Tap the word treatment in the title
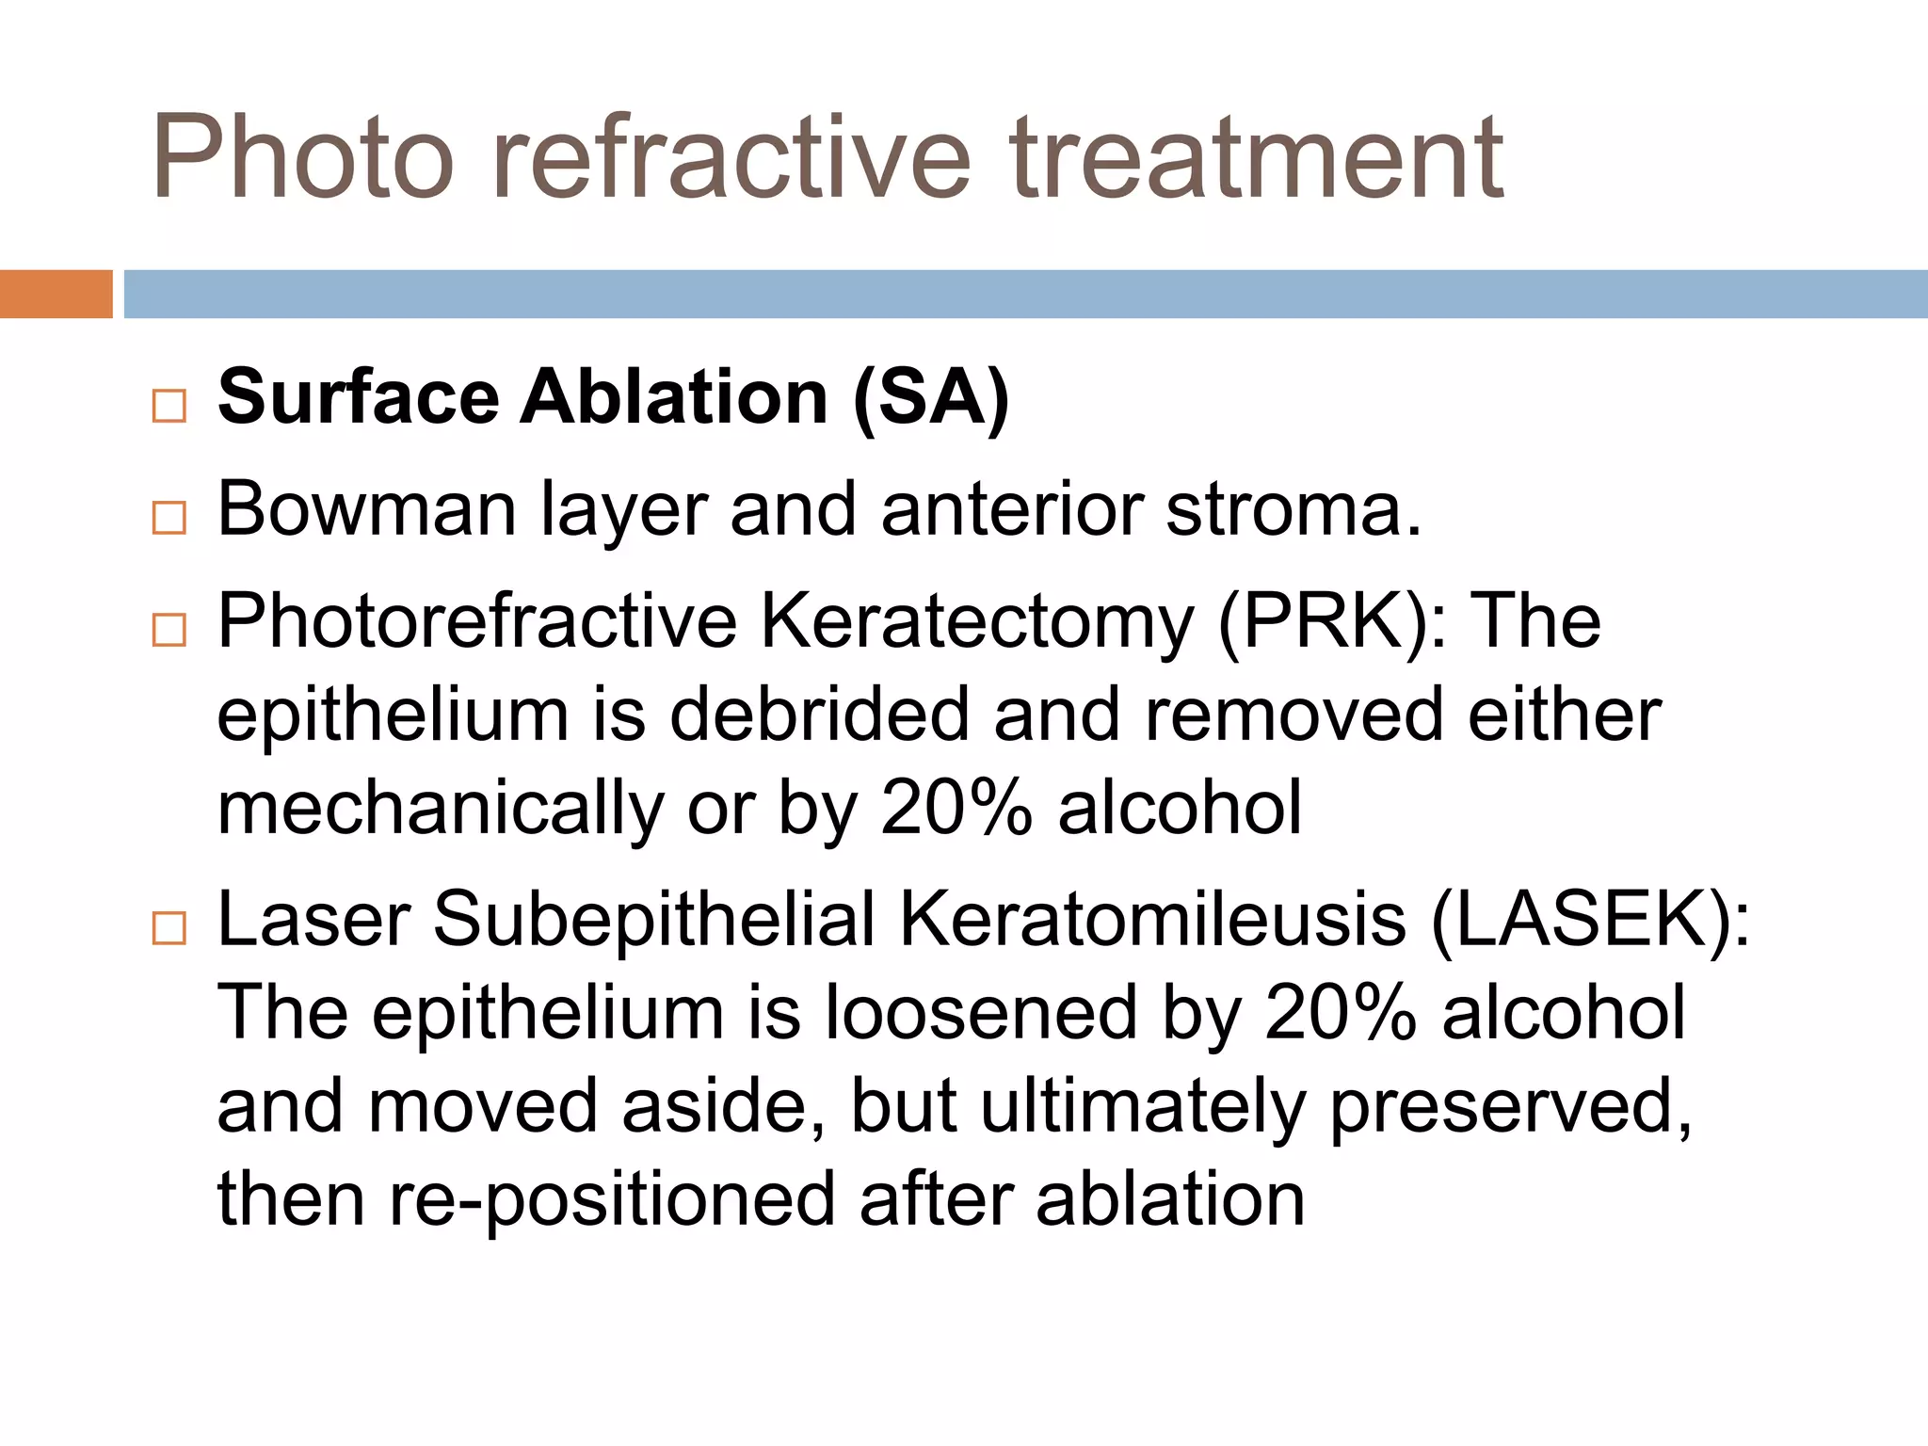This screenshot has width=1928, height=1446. [1257, 157]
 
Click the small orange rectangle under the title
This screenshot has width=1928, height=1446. [56, 294]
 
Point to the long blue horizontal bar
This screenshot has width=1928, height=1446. [1025, 294]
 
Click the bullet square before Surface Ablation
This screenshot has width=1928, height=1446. [169, 407]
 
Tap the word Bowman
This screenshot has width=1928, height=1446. [367, 509]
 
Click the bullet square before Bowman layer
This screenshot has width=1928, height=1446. [169, 518]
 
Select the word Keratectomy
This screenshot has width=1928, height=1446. [977, 622]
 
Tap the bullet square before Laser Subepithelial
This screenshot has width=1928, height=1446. [169, 928]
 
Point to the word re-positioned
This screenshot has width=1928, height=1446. [612, 1200]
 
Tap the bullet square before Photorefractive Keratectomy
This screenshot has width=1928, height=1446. [169, 629]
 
